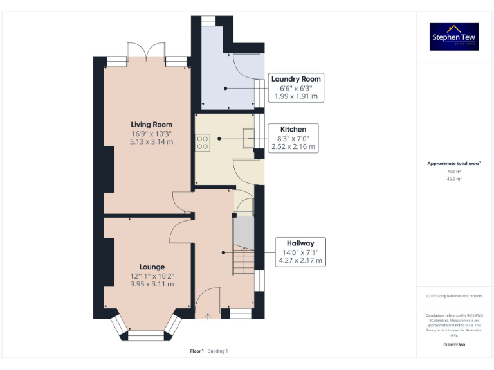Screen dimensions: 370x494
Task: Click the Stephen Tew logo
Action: point(454,37)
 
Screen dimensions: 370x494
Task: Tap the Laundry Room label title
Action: point(296,78)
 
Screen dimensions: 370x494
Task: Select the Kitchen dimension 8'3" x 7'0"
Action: point(293,138)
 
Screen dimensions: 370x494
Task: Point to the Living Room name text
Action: point(152,124)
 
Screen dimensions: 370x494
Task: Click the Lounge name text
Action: point(152,267)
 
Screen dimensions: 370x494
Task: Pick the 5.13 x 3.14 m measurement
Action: point(152,141)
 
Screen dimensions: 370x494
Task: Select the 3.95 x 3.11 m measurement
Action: point(152,283)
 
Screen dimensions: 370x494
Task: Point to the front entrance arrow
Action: point(208,316)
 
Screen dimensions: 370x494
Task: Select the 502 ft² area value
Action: point(454,172)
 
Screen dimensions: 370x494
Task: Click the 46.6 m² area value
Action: point(454,179)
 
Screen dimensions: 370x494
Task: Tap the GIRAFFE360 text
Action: point(454,345)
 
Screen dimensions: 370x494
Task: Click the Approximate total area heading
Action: point(454,164)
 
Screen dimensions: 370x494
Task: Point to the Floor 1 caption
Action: point(197,351)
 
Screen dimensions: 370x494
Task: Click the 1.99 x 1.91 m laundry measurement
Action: point(296,96)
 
